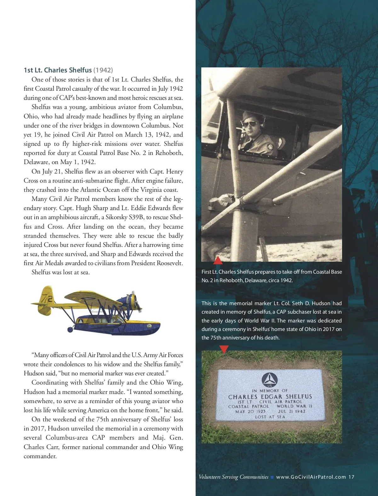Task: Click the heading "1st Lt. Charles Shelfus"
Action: pyautogui.click(x=58, y=70)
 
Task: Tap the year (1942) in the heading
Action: pyautogui.click(x=103, y=70)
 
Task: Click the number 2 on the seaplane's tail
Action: pyautogui.click(x=50, y=299)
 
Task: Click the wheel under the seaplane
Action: pyautogui.click(x=70, y=330)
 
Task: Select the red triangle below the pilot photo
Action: pyautogui.click(x=218, y=260)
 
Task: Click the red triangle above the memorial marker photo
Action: pyautogui.click(x=224, y=349)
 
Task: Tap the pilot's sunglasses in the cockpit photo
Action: pyautogui.click(x=249, y=124)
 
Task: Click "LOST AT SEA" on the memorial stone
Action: pyautogui.click(x=270, y=417)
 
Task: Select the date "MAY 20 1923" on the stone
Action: pyautogui.click(x=250, y=411)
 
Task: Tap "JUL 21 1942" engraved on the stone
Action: pyautogui.click(x=291, y=411)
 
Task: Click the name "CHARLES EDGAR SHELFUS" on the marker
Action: pyautogui.click(x=270, y=397)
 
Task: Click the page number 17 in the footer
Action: pyautogui.click(x=351, y=477)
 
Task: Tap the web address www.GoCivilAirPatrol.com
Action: pyautogui.click(x=311, y=477)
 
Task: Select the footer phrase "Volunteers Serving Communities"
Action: pyautogui.click(x=233, y=477)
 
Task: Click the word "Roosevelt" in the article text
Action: pyautogui.click(x=169, y=263)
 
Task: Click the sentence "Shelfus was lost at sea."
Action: pyautogui.click(x=60, y=272)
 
